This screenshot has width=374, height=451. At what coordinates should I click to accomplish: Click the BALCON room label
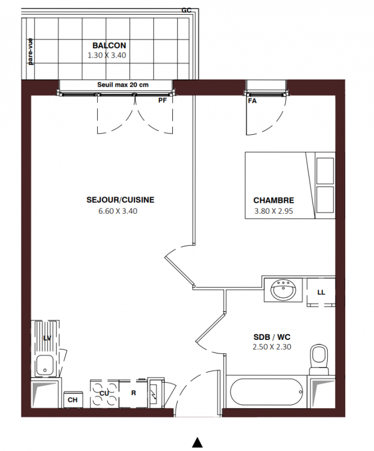109,46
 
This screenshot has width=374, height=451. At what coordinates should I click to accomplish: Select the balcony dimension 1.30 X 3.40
107,55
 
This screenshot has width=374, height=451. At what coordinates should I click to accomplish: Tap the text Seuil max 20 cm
123,85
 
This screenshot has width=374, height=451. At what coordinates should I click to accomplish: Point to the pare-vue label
31,51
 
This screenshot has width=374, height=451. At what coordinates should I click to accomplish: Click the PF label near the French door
163,101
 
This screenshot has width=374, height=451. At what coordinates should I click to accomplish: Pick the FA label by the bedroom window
252,101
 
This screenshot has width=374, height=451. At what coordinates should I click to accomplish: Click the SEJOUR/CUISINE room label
120,200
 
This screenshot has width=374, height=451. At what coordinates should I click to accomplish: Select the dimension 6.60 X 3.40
118,211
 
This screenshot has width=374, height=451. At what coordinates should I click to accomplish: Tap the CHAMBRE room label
274,200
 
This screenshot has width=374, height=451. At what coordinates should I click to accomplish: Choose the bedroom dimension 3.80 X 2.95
273,211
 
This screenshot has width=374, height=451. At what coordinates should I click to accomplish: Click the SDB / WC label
272,337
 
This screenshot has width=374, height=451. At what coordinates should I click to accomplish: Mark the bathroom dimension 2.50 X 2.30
272,347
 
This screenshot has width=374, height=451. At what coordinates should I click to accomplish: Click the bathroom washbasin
283,290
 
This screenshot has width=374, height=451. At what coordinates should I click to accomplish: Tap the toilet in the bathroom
319,359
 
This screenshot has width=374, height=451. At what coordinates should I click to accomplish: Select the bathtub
267,392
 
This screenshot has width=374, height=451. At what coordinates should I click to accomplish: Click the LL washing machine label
321,293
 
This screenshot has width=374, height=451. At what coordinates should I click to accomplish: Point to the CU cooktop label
105,393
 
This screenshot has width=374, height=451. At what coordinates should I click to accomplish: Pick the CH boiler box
73,400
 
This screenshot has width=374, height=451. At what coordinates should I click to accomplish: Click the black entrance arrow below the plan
197,443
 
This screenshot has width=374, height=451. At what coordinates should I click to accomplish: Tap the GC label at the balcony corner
186,10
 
